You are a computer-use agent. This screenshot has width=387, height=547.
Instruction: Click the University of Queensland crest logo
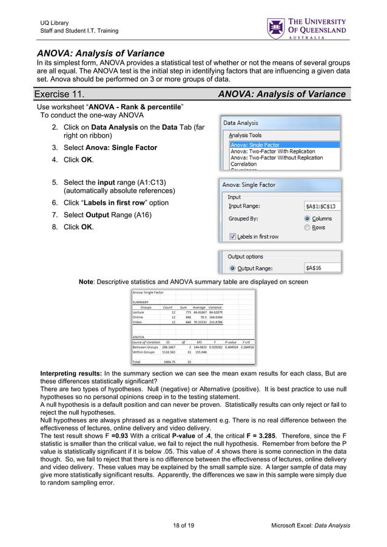pos(276,28)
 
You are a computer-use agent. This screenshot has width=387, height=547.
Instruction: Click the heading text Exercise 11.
pos(59,94)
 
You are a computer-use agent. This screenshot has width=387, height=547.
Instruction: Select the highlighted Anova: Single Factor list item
pos(255,145)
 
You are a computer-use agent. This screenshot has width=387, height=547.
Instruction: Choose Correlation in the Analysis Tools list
pos(243,164)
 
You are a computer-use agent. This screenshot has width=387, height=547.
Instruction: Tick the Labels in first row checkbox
pos(232,237)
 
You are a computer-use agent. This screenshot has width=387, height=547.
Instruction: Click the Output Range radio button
pos(232,267)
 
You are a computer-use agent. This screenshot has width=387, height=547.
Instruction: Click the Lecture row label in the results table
pos(138,312)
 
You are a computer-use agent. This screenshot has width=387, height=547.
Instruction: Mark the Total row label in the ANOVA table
pos(136,361)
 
